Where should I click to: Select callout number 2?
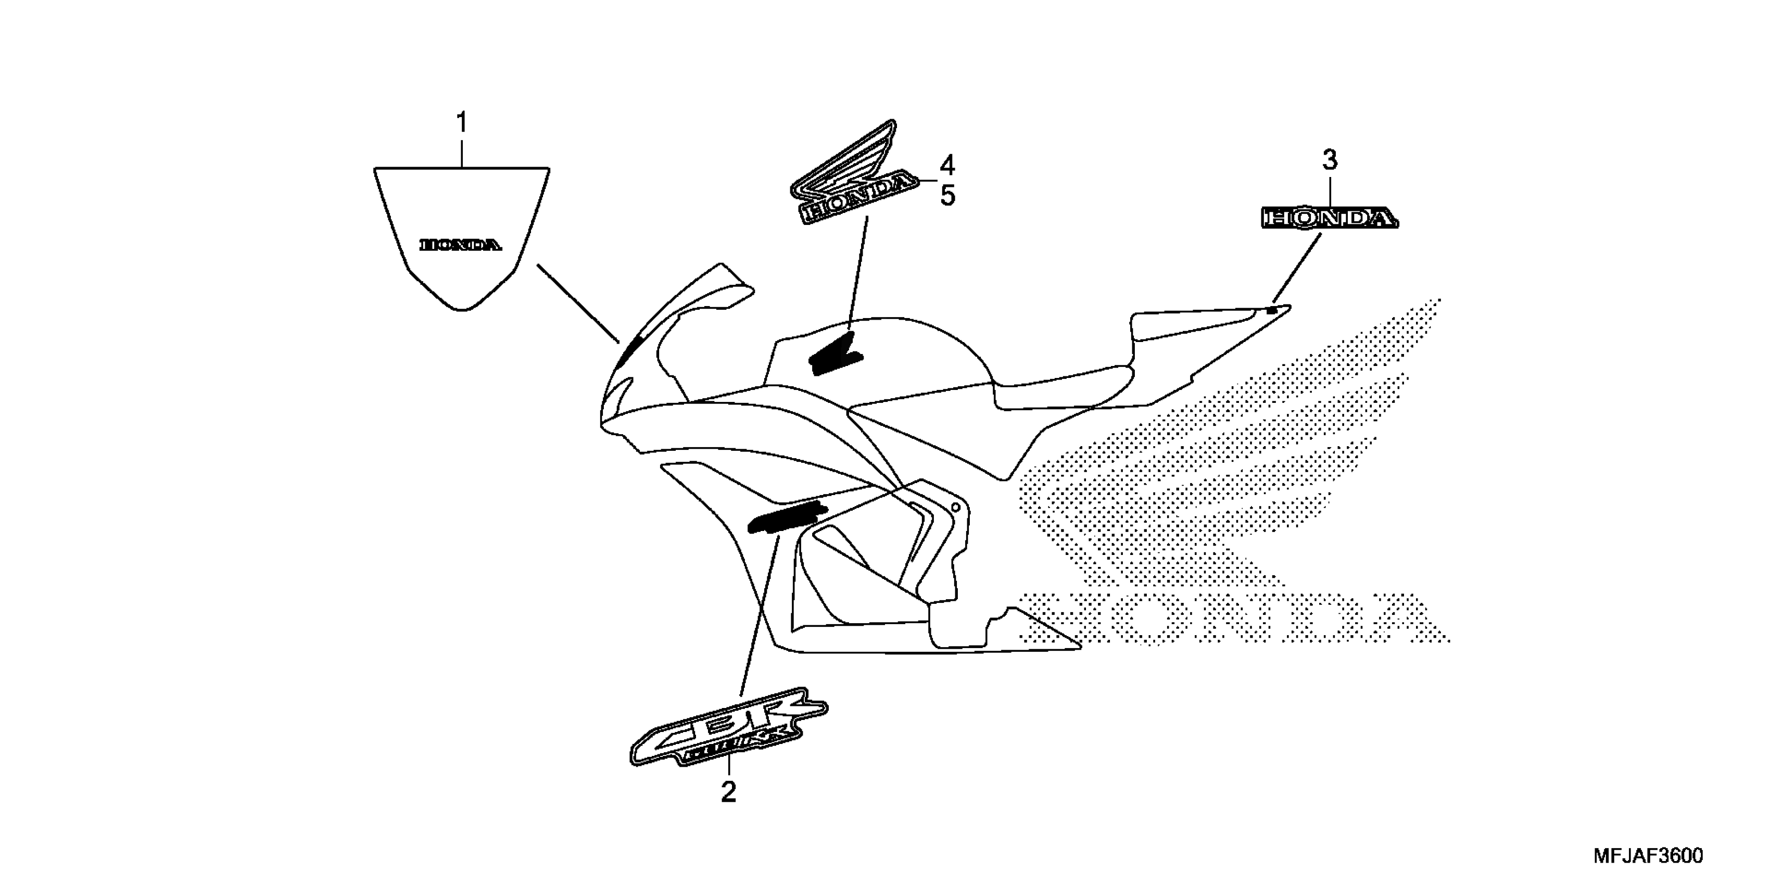pyautogui.click(x=728, y=792)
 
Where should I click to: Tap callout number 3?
pyautogui.click(x=1330, y=161)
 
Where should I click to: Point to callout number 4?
pyautogui.click(x=947, y=166)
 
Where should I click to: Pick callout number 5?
pyautogui.click(x=947, y=196)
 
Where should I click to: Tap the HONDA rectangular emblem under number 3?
pyautogui.click(x=1330, y=219)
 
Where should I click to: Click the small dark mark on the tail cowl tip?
pyautogui.click(x=1272, y=311)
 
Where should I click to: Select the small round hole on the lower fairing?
pyautogui.click(x=955, y=507)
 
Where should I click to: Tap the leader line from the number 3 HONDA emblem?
pyautogui.click(x=1297, y=268)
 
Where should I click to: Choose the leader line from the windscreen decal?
pyautogui.click(x=577, y=302)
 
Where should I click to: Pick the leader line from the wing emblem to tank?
pyautogui.click(x=858, y=275)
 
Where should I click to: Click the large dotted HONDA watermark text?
pyautogui.click(x=1237, y=618)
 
